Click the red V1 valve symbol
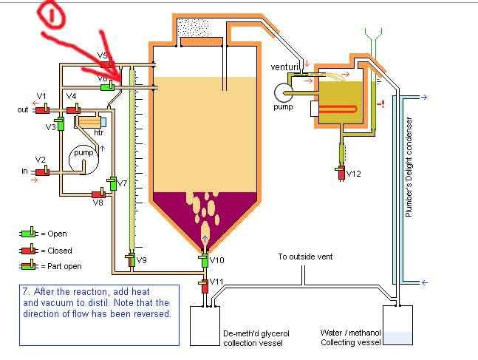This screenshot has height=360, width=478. point(42,109)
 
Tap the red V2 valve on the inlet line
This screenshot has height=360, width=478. point(42,171)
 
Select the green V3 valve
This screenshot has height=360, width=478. point(61,123)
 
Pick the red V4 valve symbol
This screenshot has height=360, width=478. point(73,109)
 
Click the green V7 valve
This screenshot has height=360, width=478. point(112,183)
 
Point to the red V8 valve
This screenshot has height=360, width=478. point(99,194)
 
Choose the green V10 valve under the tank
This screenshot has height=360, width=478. point(204,260)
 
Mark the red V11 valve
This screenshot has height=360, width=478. point(204,285)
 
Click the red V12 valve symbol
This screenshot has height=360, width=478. point(341,173)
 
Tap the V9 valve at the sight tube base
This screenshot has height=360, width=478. point(131,260)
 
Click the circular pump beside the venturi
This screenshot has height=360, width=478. point(283,92)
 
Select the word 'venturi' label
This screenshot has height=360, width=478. point(284,67)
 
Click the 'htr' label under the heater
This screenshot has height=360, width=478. point(98,132)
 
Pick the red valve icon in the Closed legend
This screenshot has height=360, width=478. point(29,250)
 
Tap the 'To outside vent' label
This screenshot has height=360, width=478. point(305,257)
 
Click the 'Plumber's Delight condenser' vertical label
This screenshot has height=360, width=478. point(409,167)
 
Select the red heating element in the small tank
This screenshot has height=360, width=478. point(338,109)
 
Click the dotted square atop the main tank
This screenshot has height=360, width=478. point(193,27)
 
